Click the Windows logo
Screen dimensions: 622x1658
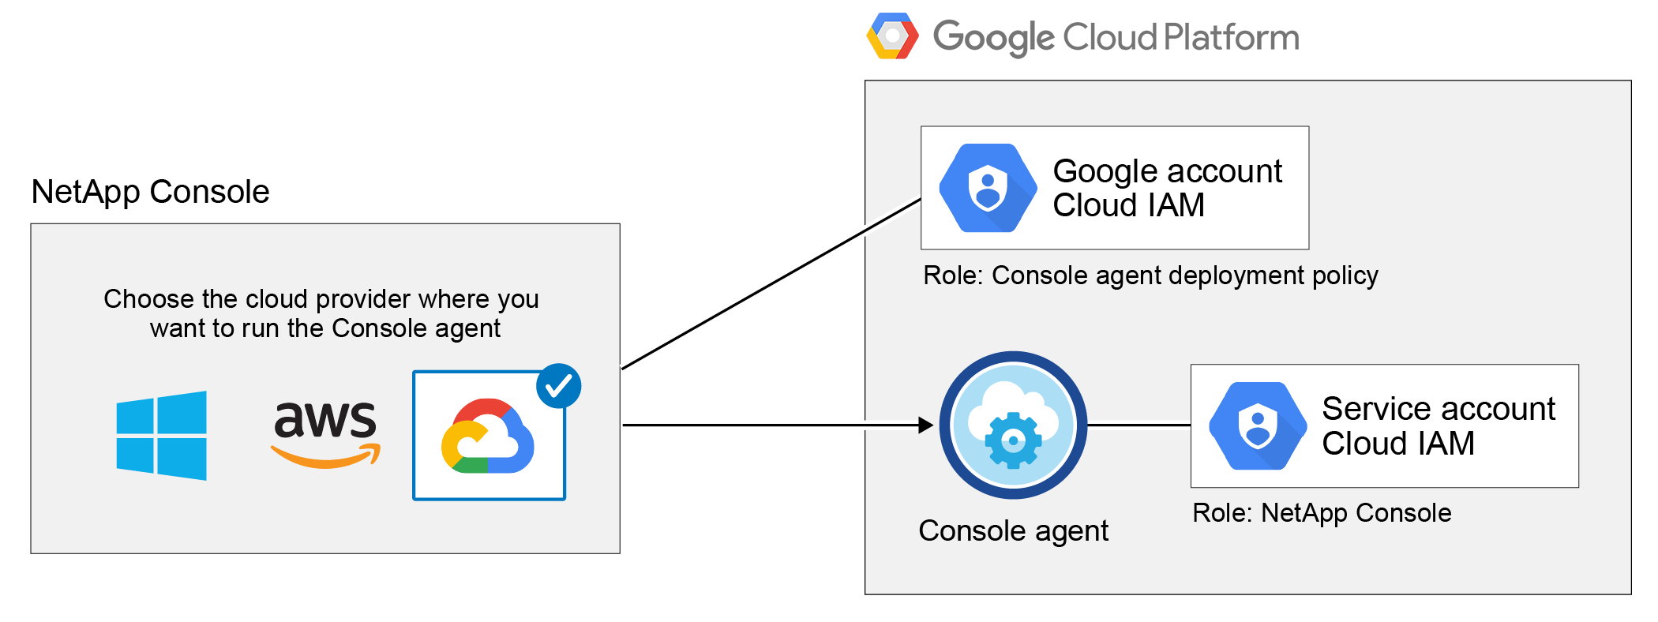pyautogui.click(x=161, y=435)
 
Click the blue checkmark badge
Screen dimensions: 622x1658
pyautogui.click(x=558, y=386)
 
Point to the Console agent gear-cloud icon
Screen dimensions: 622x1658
pyautogui.click(x=1013, y=425)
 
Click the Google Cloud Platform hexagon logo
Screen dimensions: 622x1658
pyautogui.click(x=892, y=36)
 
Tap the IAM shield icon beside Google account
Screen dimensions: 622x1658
pyautogui.click(x=988, y=188)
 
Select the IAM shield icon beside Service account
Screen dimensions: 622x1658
pyautogui.click(x=1258, y=426)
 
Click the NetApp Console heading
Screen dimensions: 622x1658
pyautogui.click(x=150, y=192)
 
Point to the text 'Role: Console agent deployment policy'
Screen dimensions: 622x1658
pyautogui.click(x=1150, y=275)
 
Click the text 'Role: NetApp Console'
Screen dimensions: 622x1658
pyautogui.click(x=1322, y=513)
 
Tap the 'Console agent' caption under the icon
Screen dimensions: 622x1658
pyautogui.click(x=1013, y=531)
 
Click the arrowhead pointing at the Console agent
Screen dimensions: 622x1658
pyautogui.click(x=925, y=425)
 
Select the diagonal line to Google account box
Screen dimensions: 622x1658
pyautogui.click(x=771, y=284)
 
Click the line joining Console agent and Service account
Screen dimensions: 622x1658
pyautogui.click(x=1138, y=425)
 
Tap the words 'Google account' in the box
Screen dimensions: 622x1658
pyautogui.click(x=1167, y=171)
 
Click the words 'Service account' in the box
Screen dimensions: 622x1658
pyautogui.click(x=1438, y=409)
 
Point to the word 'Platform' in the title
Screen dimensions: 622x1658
pyautogui.click(x=1231, y=37)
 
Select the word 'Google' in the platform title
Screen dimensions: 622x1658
pyautogui.click(x=993, y=37)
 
